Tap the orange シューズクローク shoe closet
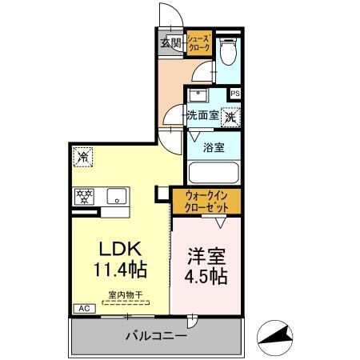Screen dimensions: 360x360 click(x=198, y=42)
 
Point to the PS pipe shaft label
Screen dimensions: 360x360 click(x=234, y=94)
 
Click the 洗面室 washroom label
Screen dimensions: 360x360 click(x=202, y=115)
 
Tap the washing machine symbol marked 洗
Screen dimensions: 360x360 click(x=230, y=115)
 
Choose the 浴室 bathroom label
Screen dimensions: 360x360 click(x=212, y=147)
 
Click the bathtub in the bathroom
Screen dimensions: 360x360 click(x=212, y=173)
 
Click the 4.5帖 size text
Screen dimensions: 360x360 click(x=207, y=278)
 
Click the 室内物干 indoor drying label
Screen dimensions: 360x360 click(x=125, y=295)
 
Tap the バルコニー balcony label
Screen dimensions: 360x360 click(x=156, y=337)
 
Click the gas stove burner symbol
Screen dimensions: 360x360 click(x=84, y=194)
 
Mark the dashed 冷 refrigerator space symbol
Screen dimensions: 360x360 click(x=82, y=157)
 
